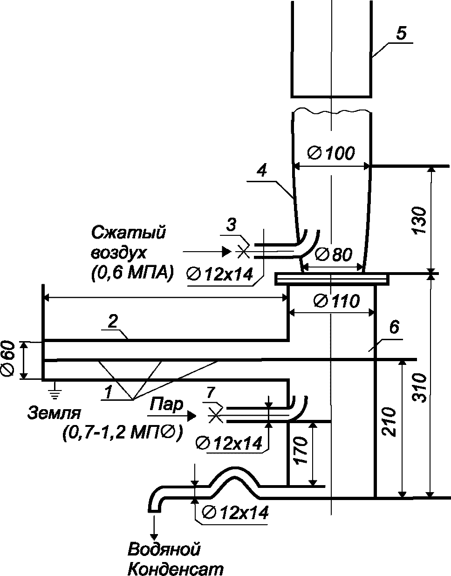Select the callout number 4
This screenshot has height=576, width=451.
tap(262, 171)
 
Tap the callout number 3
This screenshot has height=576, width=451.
tap(232, 225)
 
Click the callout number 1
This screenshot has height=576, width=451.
tap(108, 392)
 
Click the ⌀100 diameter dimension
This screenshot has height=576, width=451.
tap(331, 153)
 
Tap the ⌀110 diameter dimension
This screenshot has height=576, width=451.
tap(336, 301)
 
